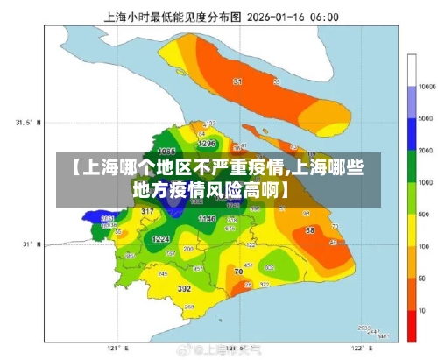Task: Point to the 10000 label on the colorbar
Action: point(427,88)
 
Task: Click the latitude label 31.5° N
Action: point(29,123)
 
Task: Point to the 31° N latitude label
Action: point(32,244)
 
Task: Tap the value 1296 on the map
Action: point(207,143)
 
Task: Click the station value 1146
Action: point(207,217)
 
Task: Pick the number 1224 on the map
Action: point(160,238)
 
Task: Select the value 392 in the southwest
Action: point(184,287)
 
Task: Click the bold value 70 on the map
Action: point(239,272)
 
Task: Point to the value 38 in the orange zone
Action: point(309,230)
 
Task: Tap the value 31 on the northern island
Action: point(237,81)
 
